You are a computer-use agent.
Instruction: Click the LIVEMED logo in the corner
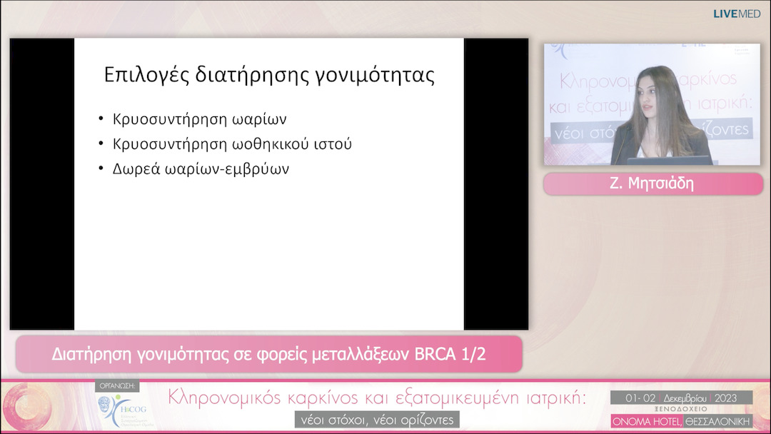point(737,14)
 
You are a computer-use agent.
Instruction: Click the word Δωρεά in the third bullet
point(133,169)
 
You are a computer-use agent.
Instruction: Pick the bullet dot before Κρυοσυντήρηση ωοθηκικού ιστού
point(101,144)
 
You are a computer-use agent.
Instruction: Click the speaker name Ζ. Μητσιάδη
point(652,184)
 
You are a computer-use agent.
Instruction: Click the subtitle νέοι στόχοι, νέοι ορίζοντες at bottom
point(376,419)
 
